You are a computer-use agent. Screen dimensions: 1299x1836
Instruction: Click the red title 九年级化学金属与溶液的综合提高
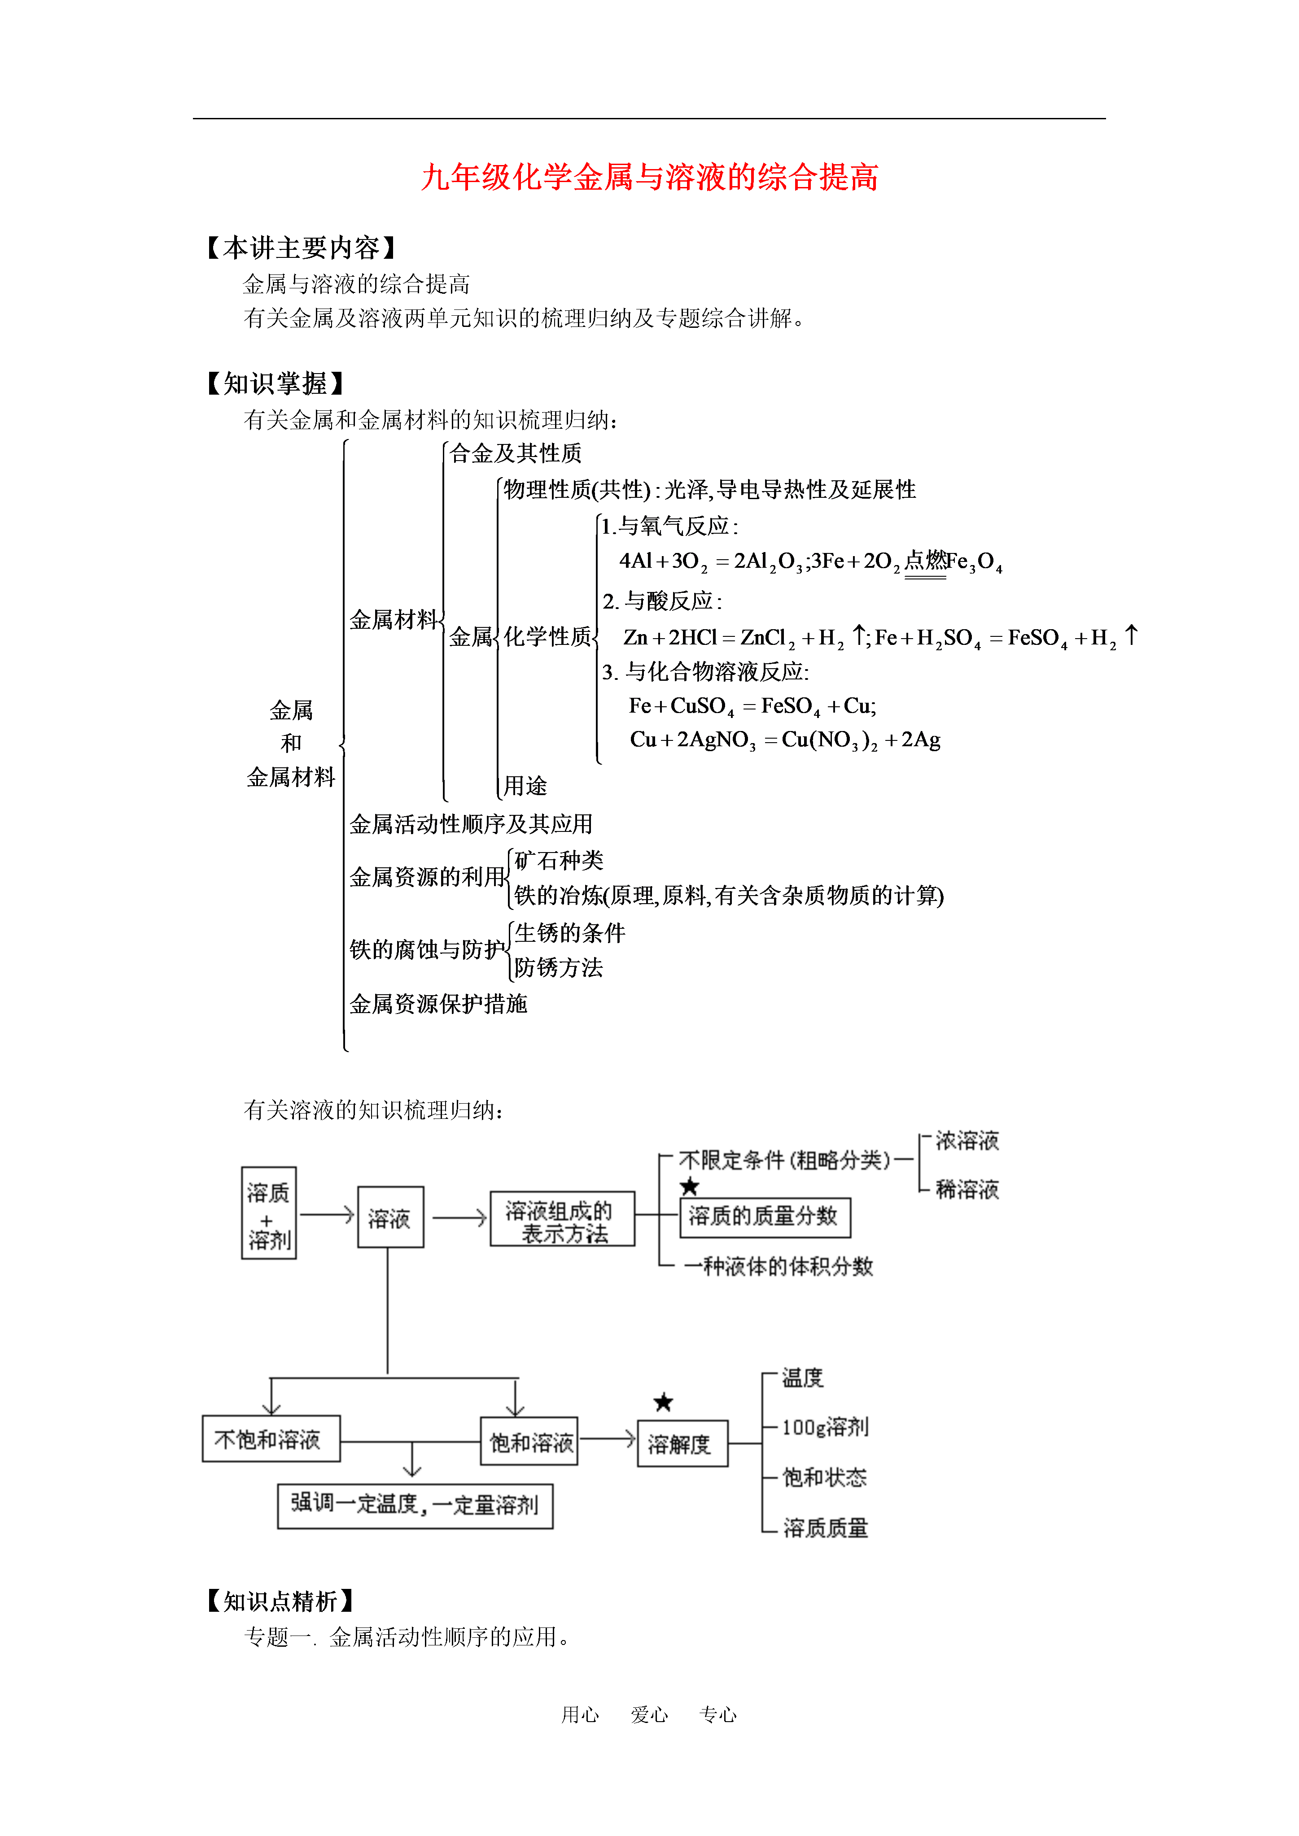(x=650, y=177)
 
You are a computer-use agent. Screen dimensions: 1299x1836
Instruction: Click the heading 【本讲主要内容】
(x=302, y=248)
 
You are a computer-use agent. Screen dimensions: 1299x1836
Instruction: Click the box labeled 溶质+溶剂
(x=269, y=1212)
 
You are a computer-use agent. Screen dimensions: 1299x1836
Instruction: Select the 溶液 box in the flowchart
(x=390, y=1217)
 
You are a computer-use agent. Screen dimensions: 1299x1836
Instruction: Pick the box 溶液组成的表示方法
(x=562, y=1218)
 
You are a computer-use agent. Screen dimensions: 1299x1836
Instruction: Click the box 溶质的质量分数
(x=765, y=1217)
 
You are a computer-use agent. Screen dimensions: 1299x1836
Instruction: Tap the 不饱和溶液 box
(x=271, y=1439)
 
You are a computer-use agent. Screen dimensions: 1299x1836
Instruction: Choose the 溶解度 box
(x=682, y=1443)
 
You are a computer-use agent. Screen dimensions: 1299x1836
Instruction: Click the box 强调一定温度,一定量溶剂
(x=415, y=1506)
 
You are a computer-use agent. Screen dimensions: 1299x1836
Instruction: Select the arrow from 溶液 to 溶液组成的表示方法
(x=459, y=1218)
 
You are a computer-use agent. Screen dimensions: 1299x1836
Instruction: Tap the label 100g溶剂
(x=825, y=1427)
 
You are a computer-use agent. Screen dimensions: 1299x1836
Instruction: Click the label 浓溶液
(x=967, y=1140)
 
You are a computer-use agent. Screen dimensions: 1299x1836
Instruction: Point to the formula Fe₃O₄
(x=973, y=562)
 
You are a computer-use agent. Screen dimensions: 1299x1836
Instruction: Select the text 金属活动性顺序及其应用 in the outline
(x=471, y=824)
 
